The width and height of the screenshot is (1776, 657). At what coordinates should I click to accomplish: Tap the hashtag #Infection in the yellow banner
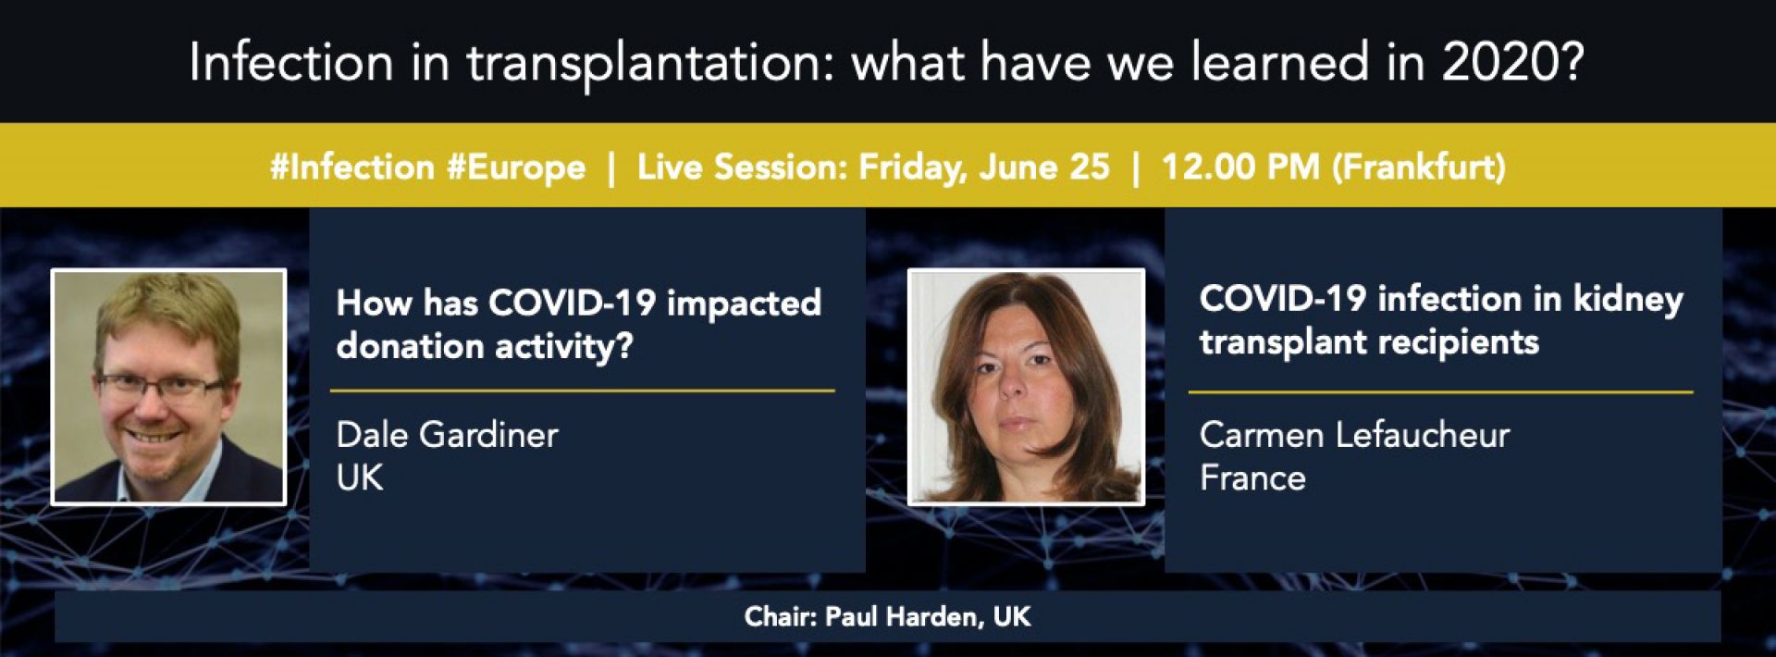351,167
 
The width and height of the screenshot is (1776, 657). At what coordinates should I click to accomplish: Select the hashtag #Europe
516,167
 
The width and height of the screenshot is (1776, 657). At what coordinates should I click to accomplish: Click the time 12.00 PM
1240,167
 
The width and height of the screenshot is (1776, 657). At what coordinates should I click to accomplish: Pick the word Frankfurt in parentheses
1419,167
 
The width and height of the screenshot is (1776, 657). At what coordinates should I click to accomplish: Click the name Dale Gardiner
447,434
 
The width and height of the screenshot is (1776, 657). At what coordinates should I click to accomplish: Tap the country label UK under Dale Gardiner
360,477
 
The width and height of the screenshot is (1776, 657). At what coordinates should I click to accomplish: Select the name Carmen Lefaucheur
1354,434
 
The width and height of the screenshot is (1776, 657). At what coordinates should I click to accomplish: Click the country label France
1252,477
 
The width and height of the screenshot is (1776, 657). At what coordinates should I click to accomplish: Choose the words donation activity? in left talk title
485,346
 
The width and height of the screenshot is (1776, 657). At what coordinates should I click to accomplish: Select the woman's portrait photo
1026,387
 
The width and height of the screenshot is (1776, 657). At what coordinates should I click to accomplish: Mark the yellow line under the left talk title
583,391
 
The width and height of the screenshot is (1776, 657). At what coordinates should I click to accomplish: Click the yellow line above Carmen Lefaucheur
1440,391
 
